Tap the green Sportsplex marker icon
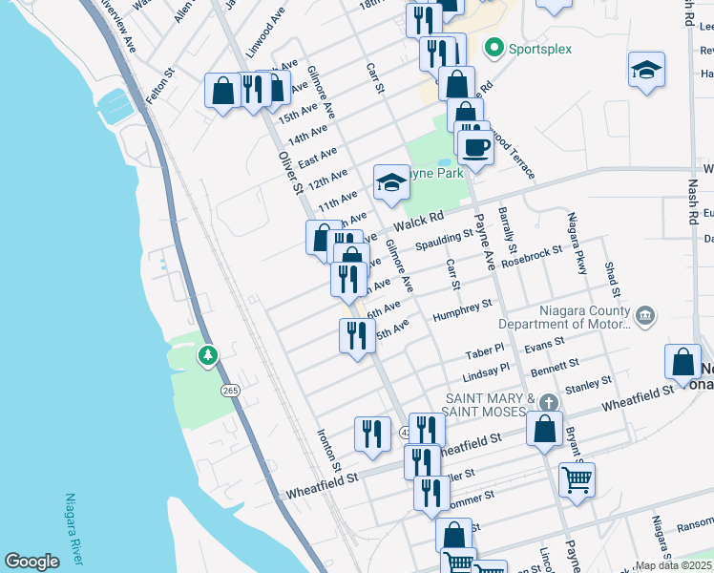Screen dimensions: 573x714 493,46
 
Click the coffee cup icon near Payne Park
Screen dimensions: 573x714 475,147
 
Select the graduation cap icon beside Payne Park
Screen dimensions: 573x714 391,181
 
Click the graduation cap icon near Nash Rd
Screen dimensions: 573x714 646,70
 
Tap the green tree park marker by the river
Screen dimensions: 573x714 207,356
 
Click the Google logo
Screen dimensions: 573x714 31,562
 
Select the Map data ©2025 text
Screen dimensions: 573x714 672,565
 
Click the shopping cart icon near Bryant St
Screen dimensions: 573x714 577,478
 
